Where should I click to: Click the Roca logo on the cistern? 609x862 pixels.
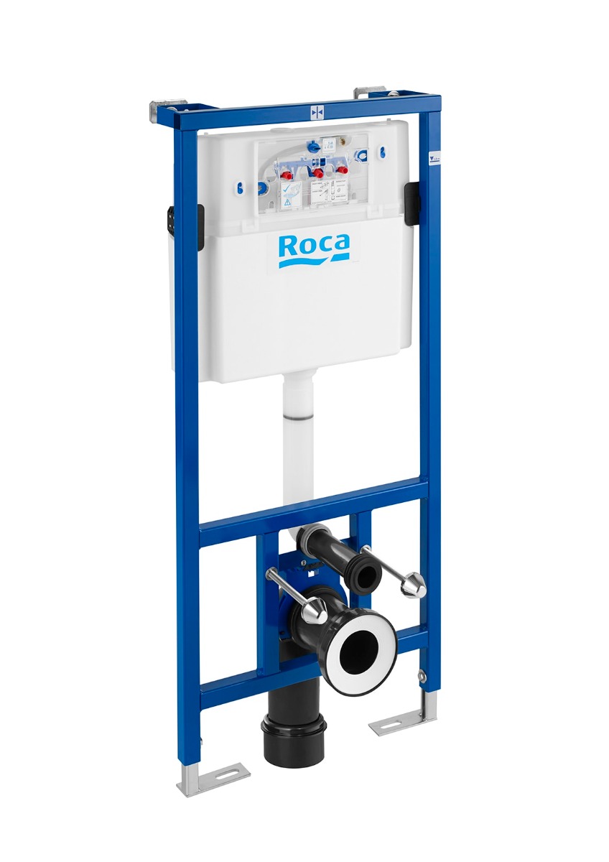pos(314,249)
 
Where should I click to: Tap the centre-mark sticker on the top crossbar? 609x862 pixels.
pos(317,113)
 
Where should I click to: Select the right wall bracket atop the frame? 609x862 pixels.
pos(372,93)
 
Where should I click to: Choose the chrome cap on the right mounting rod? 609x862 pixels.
pos(413,587)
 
